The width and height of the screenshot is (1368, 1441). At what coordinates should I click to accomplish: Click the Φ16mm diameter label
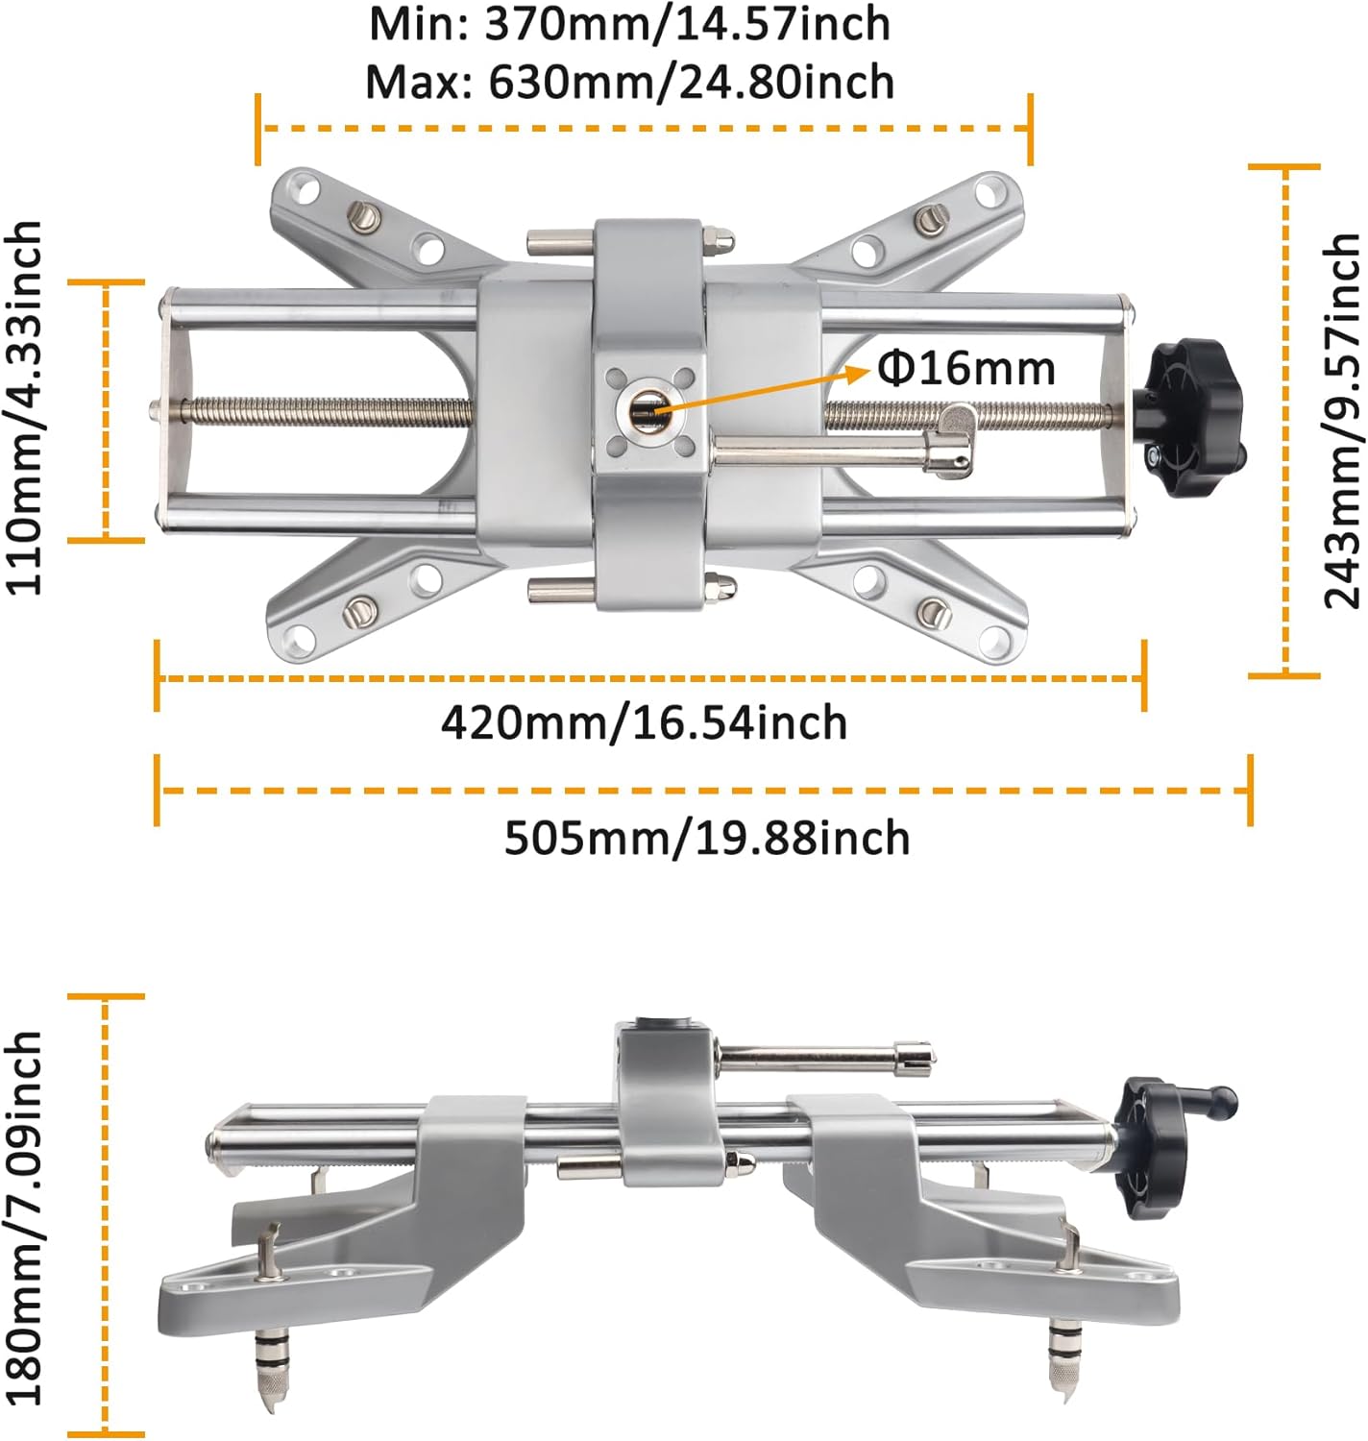pyautogui.click(x=966, y=368)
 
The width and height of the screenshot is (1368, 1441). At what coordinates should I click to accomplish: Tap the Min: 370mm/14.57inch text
pyautogui.click(x=629, y=23)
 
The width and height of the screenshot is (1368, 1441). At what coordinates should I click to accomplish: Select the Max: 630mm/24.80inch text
pyautogui.click(x=629, y=82)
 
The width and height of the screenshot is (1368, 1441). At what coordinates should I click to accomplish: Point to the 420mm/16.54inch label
pyautogui.click(x=644, y=722)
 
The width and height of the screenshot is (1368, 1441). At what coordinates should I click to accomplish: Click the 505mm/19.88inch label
pyautogui.click(x=707, y=838)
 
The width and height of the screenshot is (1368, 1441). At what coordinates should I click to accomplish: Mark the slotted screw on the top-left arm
pyautogui.click(x=363, y=217)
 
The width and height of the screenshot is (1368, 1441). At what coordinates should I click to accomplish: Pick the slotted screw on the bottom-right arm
pyautogui.click(x=932, y=611)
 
